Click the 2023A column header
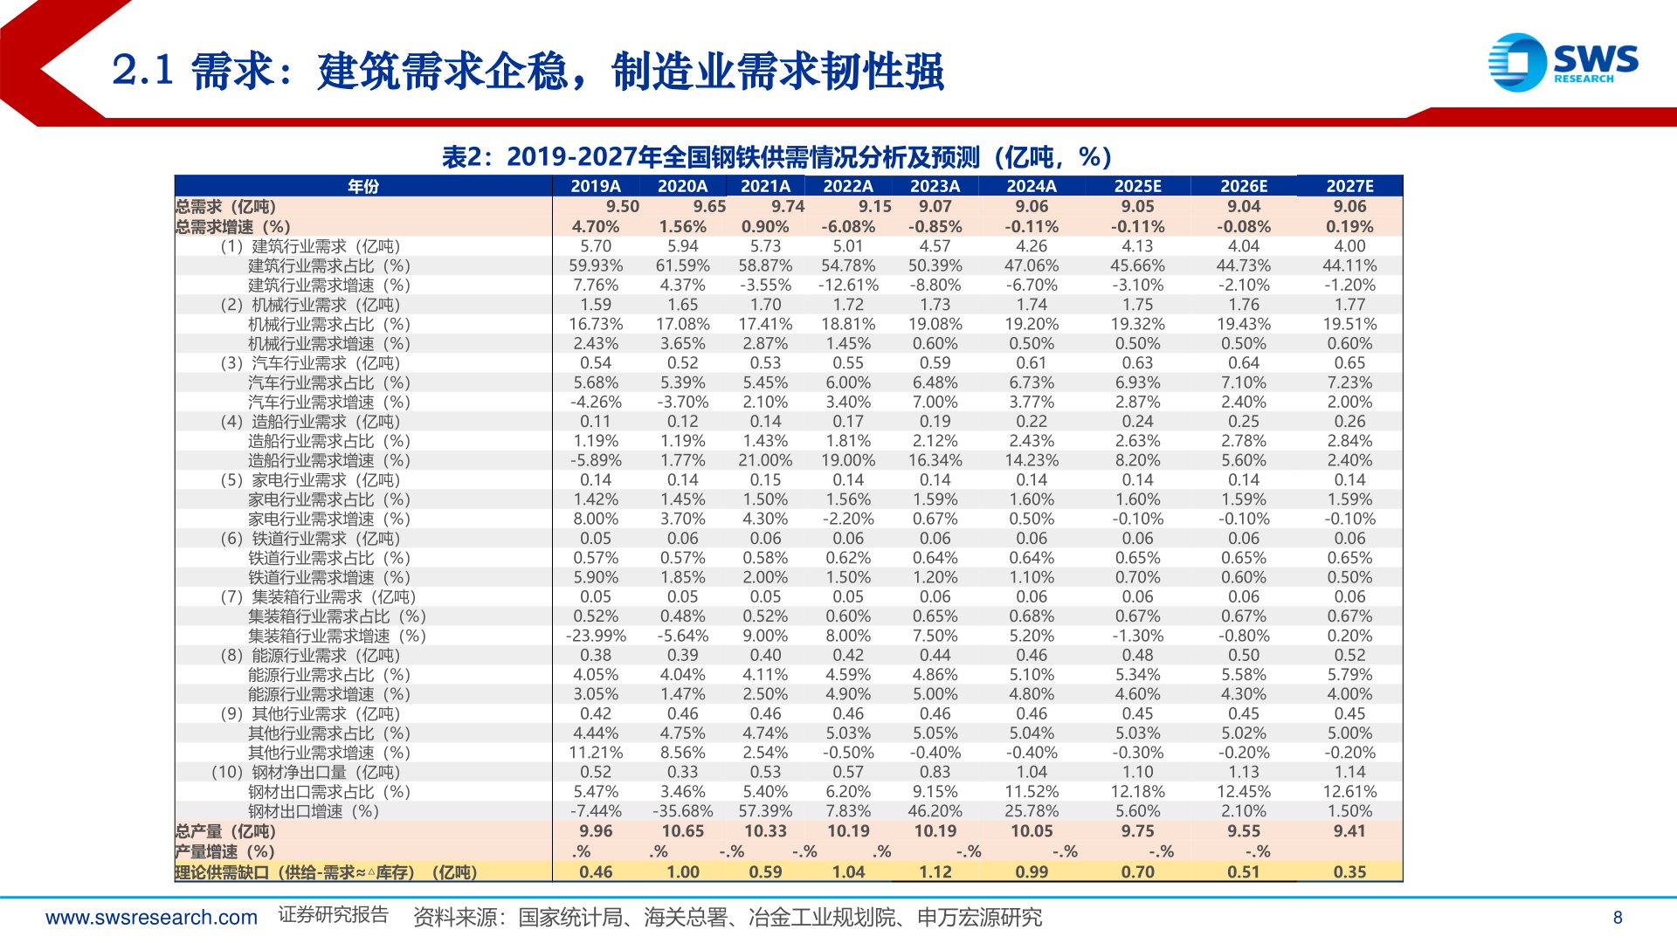click(935, 186)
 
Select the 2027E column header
click(1349, 186)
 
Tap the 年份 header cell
click(363, 186)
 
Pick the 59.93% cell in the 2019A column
click(596, 265)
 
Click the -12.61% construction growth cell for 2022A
click(847, 286)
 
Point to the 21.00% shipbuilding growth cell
click(765, 460)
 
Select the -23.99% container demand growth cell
click(596, 636)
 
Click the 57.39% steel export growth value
click(765, 811)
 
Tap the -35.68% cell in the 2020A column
click(682, 811)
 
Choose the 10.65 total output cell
click(682, 831)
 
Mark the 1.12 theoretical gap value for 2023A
click(935, 872)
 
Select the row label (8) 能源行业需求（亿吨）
click(310, 655)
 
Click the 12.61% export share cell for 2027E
click(1349, 792)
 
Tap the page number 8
click(1618, 918)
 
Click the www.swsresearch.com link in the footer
click(151, 918)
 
